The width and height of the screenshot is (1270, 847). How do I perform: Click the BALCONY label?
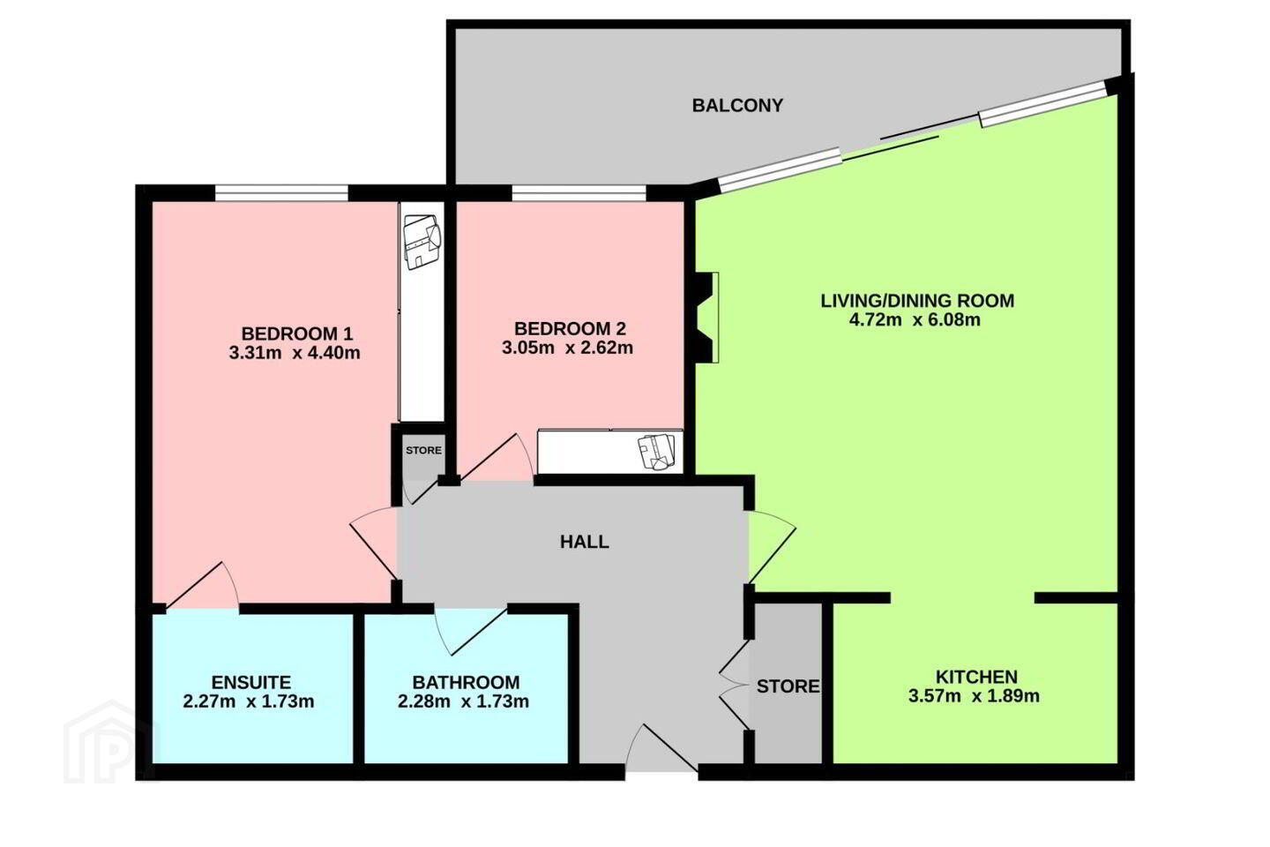point(737,106)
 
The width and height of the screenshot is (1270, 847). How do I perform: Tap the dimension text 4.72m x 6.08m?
point(915,320)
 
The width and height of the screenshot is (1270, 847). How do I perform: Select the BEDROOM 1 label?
point(297,333)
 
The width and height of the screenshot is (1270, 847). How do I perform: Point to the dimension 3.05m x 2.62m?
point(567,348)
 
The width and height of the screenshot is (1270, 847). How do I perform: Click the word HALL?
point(585,542)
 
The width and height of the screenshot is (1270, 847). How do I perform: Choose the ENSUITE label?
point(251,682)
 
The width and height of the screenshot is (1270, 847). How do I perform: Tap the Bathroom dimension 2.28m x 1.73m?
point(463,701)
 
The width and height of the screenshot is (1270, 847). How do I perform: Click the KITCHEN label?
point(976,677)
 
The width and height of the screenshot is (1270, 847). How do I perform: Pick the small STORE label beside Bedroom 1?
point(423,451)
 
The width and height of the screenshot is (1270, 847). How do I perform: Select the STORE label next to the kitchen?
point(788,686)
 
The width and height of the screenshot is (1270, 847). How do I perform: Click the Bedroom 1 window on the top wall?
point(281,193)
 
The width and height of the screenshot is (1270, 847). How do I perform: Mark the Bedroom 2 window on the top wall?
point(579,193)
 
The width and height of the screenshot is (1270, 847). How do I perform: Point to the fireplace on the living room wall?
point(705,317)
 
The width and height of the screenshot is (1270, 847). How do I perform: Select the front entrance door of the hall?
point(661,747)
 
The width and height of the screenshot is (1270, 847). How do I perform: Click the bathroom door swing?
point(470,630)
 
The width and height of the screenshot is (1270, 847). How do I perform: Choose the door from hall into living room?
point(773,547)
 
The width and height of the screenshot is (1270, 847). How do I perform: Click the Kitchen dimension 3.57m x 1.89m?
point(974,696)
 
